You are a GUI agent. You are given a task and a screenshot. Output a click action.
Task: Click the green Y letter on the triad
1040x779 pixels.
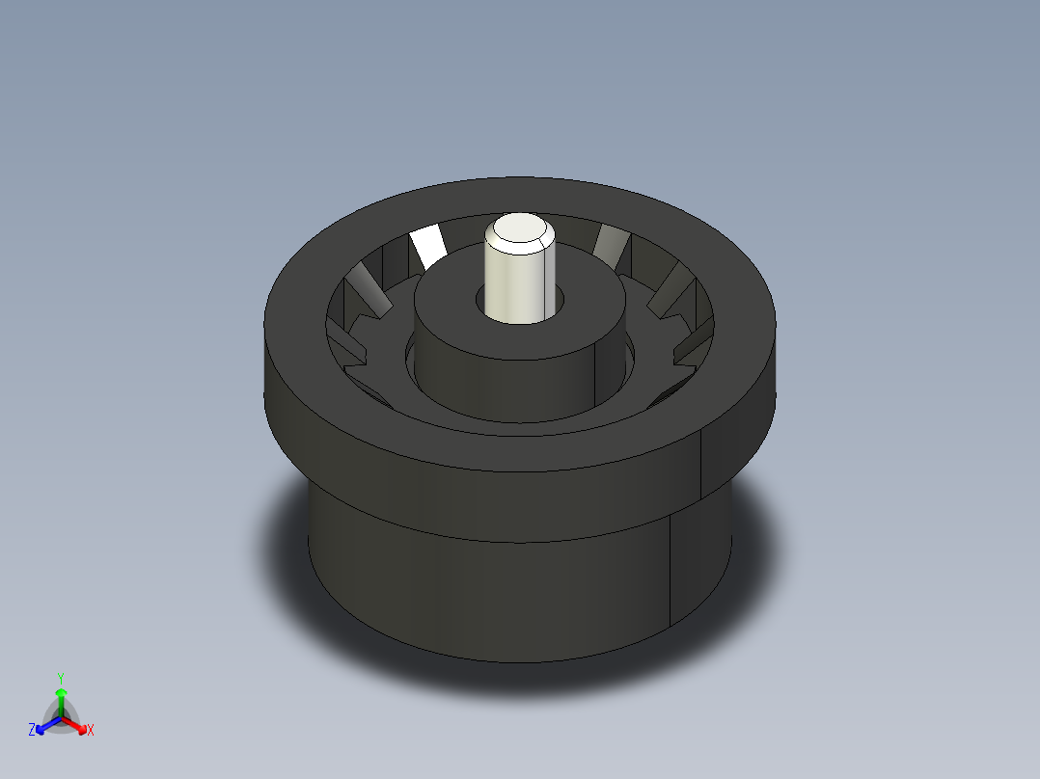[60, 678]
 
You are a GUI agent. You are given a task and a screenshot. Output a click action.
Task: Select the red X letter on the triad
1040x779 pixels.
[91, 731]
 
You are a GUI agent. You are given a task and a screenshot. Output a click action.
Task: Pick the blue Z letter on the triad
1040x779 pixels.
[32, 731]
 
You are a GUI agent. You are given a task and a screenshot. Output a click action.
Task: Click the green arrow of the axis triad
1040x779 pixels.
[60, 698]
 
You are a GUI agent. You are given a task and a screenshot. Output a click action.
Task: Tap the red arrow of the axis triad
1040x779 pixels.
[77, 724]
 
